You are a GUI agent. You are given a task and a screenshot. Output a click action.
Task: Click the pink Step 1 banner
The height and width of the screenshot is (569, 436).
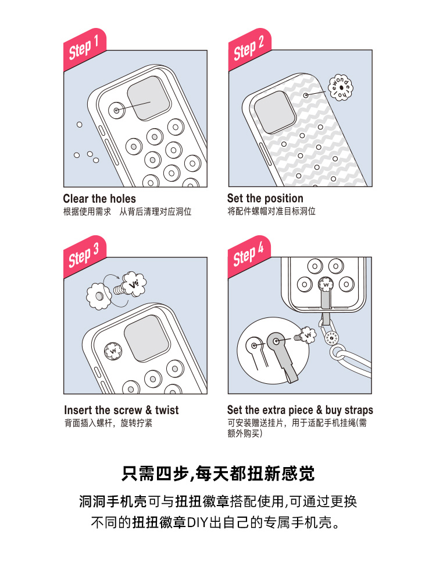85,49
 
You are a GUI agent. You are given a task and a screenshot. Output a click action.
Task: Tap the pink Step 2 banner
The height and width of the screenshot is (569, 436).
249,49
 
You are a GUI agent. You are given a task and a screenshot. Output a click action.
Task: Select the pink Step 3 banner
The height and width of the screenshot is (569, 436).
85,257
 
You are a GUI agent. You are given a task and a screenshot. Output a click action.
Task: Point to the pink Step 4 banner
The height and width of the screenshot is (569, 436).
249,257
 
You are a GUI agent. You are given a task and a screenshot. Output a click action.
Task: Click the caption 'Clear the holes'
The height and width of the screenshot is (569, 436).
99,199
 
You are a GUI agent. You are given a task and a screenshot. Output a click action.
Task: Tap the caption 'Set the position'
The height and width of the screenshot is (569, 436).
265,198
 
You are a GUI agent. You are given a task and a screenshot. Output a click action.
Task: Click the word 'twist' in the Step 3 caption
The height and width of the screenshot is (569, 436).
167,410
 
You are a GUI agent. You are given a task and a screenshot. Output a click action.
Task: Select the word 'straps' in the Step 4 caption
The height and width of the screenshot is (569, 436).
359,410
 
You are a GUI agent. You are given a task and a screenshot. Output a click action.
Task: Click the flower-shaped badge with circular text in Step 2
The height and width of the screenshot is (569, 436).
340,88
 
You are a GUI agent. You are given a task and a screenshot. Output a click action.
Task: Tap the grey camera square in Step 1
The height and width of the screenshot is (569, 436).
149,98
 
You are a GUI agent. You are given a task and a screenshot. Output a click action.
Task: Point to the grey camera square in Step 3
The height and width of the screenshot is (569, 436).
146,338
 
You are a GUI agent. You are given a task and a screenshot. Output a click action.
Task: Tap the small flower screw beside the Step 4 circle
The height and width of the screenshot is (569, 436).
306,335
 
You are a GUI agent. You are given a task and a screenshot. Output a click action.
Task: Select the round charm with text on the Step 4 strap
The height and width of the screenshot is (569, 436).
331,337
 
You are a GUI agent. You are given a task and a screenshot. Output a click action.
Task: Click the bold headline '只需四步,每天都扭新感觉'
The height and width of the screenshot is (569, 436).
218,473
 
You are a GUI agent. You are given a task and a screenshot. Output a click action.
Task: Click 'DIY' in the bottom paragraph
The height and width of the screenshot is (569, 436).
198,522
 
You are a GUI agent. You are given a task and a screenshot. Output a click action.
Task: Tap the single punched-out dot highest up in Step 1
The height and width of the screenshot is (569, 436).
79,125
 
